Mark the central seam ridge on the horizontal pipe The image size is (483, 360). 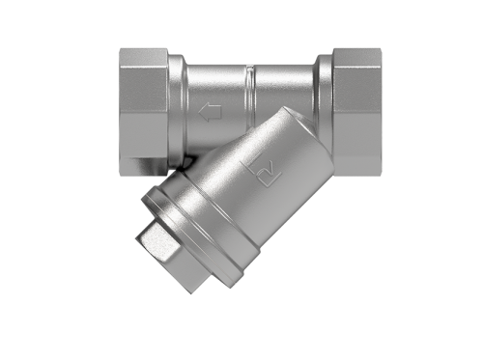(249, 97)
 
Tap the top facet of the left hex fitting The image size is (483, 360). (145, 57)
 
